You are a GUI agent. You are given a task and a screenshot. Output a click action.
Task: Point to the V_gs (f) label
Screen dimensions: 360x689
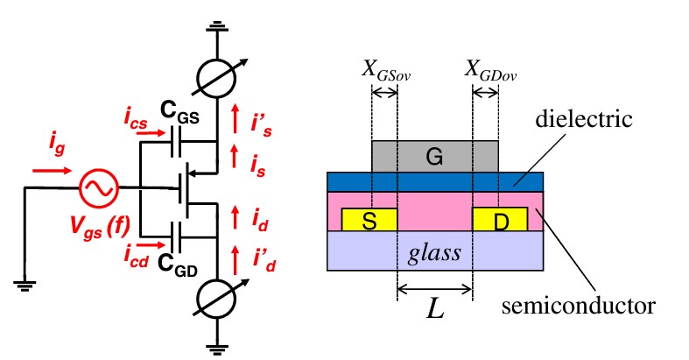97,229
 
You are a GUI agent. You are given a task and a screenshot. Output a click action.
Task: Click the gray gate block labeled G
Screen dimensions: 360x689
434,156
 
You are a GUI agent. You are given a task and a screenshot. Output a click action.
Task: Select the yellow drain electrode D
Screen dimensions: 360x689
500,220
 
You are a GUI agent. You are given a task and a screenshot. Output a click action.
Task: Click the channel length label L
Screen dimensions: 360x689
435,309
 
